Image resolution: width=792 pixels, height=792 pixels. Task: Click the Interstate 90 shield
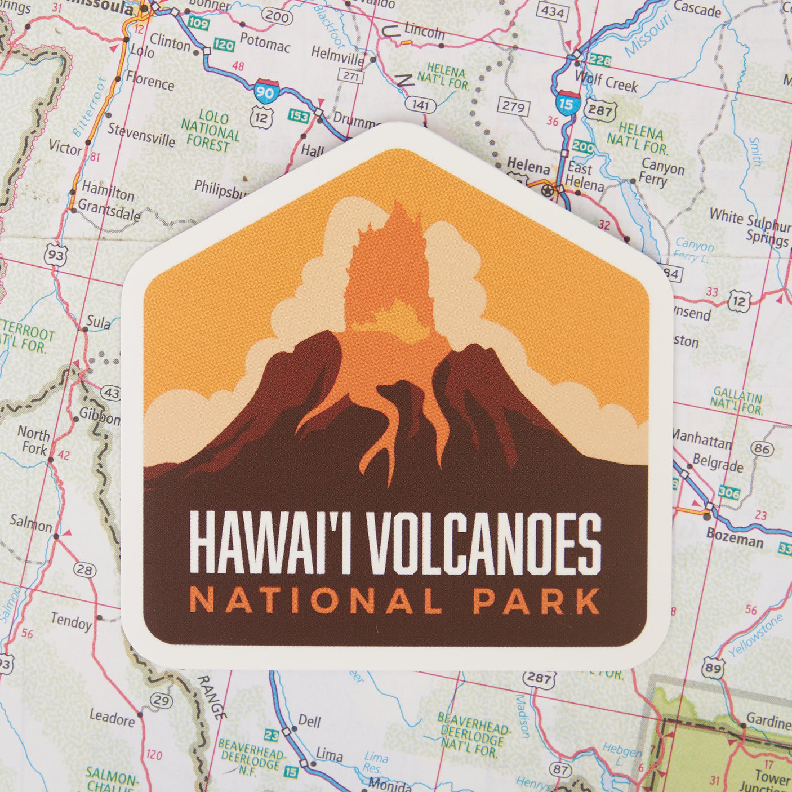265,92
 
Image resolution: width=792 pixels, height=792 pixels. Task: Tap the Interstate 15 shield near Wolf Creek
567,104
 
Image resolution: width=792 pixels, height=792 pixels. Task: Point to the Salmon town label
30,523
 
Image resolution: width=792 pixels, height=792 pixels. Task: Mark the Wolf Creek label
606,82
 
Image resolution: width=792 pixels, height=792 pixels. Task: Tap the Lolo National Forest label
210,131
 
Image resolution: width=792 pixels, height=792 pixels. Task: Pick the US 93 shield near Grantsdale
56,255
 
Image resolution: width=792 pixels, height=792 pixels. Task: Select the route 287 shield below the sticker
538,678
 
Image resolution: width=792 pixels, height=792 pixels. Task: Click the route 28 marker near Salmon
84,570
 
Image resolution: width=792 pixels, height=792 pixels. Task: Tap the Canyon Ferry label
662,173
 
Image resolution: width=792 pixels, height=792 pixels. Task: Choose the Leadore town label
112,718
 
